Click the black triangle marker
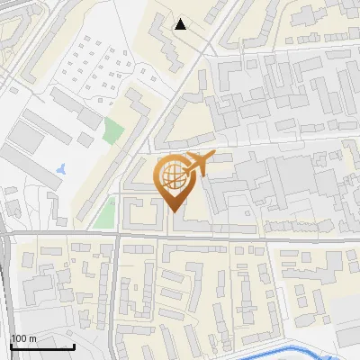(x=181, y=24)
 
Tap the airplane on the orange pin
(x=197, y=164)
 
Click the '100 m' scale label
(x=24, y=338)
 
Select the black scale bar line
(x=41, y=347)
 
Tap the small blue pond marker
(x=60, y=167)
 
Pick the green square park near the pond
(x=112, y=131)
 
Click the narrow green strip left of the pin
(x=105, y=214)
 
